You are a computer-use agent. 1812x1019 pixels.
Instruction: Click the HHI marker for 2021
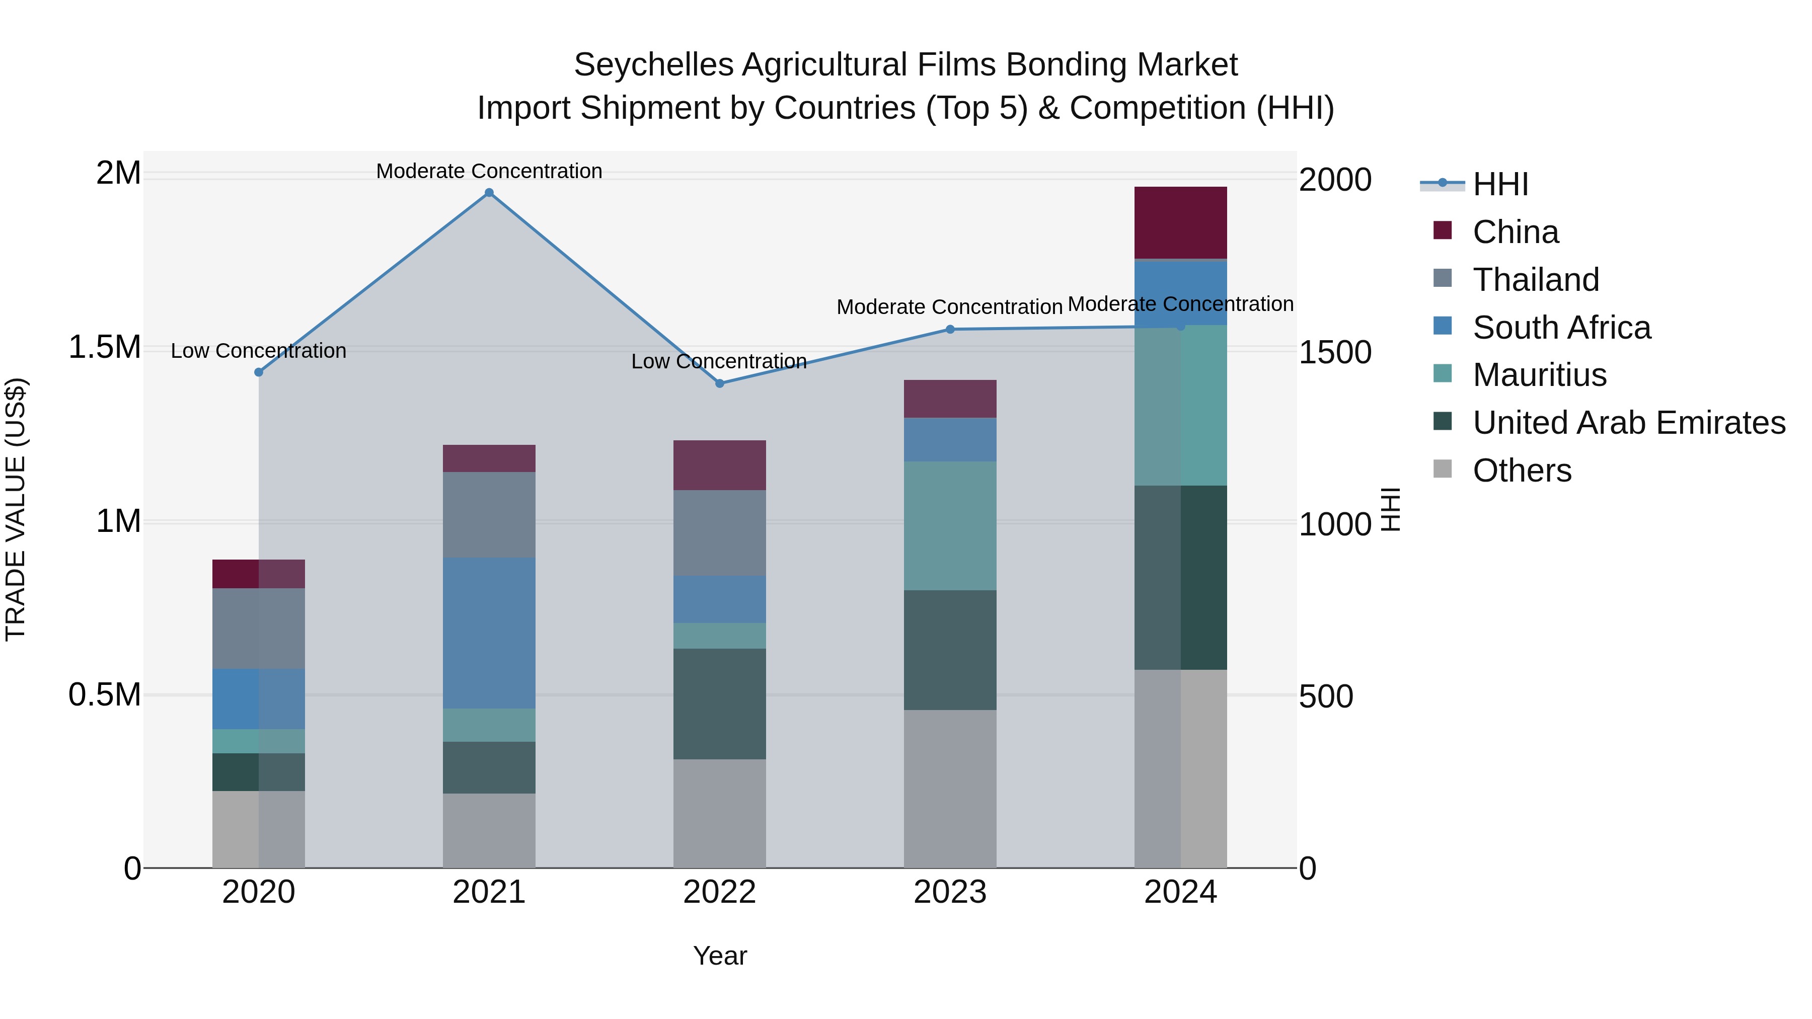tap(489, 193)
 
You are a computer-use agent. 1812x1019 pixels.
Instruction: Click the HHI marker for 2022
tap(720, 383)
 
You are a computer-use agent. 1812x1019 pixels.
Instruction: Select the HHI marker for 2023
tap(950, 329)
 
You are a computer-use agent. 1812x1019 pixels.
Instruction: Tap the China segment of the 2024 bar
tap(1180, 222)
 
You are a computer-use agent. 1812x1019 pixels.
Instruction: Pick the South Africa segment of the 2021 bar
tap(489, 633)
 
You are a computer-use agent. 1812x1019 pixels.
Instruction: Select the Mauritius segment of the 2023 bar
tap(950, 525)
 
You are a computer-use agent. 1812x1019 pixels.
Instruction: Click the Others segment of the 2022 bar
tap(720, 813)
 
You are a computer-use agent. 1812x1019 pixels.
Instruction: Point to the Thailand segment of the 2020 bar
tap(258, 628)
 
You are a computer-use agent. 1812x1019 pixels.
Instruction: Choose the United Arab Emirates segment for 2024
tap(1180, 577)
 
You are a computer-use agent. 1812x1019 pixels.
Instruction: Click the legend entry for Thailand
tap(1536, 280)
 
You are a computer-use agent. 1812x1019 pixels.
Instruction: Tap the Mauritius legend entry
tap(1539, 375)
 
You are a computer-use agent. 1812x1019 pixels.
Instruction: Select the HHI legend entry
tap(1500, 184)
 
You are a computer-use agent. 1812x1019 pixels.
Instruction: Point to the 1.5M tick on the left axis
tap(105, 347)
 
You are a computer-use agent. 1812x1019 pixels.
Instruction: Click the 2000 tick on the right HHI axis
tap(1334, 180)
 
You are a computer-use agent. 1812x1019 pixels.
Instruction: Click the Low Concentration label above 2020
tap(258, 351)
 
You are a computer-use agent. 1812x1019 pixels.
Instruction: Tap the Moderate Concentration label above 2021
tap(489, 172)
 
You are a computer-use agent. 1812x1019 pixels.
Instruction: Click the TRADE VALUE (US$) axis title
tap(16, 509)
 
